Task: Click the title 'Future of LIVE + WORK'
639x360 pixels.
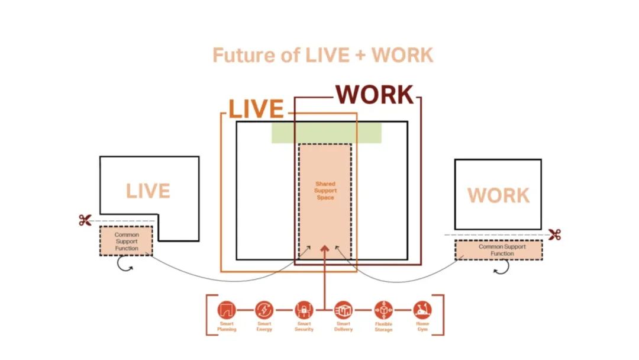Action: (322, 55)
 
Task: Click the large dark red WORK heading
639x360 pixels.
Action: (375, 95)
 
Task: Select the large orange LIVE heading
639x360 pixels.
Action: (256, 110)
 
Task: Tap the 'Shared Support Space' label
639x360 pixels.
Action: (325, 191)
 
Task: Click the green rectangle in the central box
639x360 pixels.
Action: (326, 133)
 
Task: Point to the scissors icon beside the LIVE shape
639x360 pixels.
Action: (85, 220)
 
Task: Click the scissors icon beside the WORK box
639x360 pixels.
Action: (554, 234)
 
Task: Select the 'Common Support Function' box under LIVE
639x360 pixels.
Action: (126, 241)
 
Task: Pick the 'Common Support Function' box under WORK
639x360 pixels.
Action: (498, 250)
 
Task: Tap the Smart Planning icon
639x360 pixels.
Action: (227, 310)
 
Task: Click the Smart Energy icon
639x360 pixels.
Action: (264, 310)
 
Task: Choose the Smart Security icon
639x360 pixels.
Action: (304, 310)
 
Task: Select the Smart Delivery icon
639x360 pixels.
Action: (343, 310)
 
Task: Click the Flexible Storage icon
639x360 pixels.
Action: (383, 310)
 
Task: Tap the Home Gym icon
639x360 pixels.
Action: (422, 310)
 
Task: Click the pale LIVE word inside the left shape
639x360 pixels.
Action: (148, 191)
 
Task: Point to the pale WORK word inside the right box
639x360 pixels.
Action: (498, 195)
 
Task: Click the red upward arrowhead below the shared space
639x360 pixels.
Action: (324, 247)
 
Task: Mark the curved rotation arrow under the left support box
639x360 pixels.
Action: (124, 267)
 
